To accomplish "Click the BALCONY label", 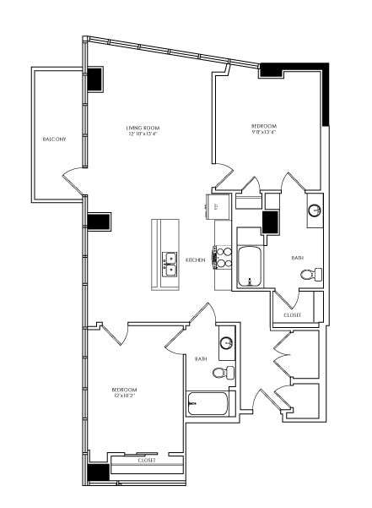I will (x=54, y=139).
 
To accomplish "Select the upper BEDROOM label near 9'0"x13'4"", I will (x=263, y=127).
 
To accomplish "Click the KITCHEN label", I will (x=196, y=259).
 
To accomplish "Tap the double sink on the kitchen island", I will (x=170, y=264).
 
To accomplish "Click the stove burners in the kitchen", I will (x=222, y=256).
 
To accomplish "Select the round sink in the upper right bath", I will (x=314, y=210).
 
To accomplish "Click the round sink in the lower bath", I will (x=226, y=343).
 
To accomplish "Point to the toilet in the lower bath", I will (x=222, y=373).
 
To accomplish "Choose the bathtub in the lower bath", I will (x=208, y=404).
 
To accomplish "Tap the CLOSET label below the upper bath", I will (x=292, y=314).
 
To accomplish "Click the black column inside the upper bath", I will (x=271, y=222).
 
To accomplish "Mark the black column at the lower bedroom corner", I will (x=98, y=472).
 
